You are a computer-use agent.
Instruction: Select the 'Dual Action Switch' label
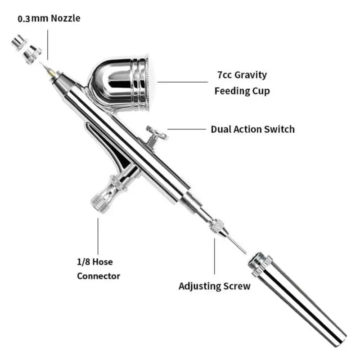click(252, 129)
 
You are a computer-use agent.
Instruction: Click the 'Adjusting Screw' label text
click(214, 286)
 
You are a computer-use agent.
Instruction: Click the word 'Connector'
click(99, 275)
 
